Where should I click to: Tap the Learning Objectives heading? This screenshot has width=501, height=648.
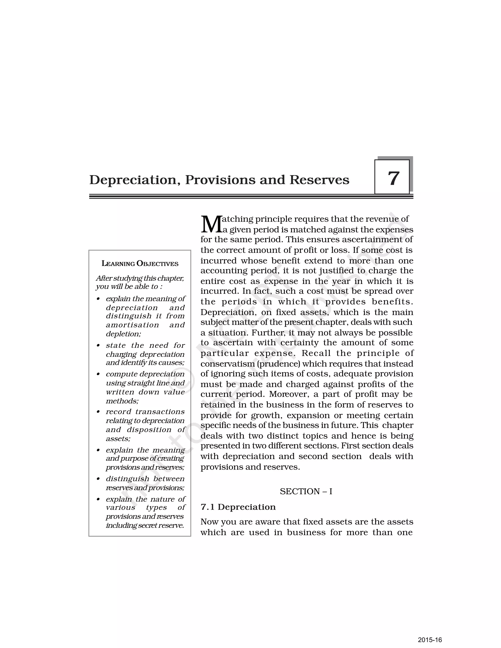point(140,263)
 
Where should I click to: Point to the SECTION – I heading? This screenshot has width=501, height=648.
point(306,492)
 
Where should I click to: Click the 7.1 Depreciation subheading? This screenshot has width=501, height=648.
point(238,507)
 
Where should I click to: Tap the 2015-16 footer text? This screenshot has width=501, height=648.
point(430,640)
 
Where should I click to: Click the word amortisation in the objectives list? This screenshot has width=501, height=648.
point(132,325)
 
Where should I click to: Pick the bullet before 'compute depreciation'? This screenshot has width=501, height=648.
point(98,374)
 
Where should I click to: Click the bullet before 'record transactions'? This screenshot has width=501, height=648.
point(98,412)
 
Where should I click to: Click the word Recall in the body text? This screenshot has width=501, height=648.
point(316,353)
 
